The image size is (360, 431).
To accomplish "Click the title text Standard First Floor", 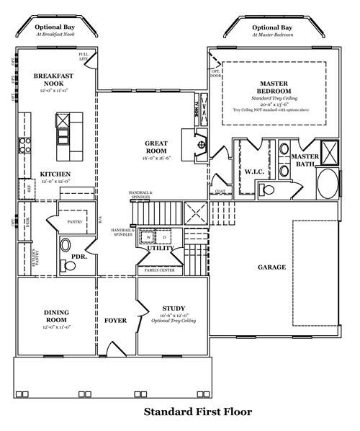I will click(198, 412).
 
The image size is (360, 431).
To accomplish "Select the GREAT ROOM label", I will click(156, 146).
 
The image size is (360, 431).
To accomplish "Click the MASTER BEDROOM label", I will click(274, 88).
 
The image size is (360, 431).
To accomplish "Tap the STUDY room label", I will click(174, 308).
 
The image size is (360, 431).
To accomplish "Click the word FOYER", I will click(115, 320).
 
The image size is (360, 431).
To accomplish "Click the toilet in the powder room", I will click(70, 265).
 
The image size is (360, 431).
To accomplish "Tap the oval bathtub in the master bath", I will click(326, 185).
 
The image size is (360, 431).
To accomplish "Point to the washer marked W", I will click(148, 236).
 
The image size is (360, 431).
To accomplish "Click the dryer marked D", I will click(164, 236).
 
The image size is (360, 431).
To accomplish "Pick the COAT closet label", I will click(220, 191).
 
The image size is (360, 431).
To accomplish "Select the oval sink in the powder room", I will click(66, 244).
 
